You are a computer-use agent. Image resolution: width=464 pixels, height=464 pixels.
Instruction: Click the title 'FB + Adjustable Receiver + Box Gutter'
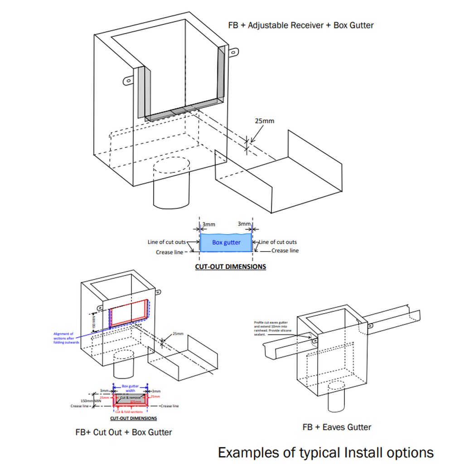[x=301, y=25]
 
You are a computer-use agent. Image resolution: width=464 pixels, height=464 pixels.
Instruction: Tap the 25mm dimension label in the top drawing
[x=265, y=121]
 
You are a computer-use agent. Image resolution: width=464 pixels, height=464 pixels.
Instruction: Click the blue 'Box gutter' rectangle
[x=226, y=243]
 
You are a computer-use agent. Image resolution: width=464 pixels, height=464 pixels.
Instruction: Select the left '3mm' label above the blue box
[x=208, y=224]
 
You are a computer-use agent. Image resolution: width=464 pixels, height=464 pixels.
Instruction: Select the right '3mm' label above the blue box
[x=244, y=224]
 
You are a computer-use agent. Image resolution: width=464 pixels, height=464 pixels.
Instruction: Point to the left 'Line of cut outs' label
[x=167, y=242]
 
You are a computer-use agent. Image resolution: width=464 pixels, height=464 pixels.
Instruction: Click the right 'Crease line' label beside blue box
[x=285, y=251]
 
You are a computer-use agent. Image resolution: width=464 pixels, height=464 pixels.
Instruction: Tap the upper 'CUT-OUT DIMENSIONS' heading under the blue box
[x=230, y=266]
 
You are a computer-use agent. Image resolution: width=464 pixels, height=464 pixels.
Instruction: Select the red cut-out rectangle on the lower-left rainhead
[x=129, y=313]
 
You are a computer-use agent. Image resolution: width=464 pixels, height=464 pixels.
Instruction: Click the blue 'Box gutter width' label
[x=130, y=388]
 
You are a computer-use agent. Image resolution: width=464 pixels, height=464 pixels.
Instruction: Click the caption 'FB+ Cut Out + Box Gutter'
[x=124, y=432]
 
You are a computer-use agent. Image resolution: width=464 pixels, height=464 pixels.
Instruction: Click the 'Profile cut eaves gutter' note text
[x=271, y=328]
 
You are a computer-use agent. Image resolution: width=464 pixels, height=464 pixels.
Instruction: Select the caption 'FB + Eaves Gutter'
[x=337, y=427]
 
